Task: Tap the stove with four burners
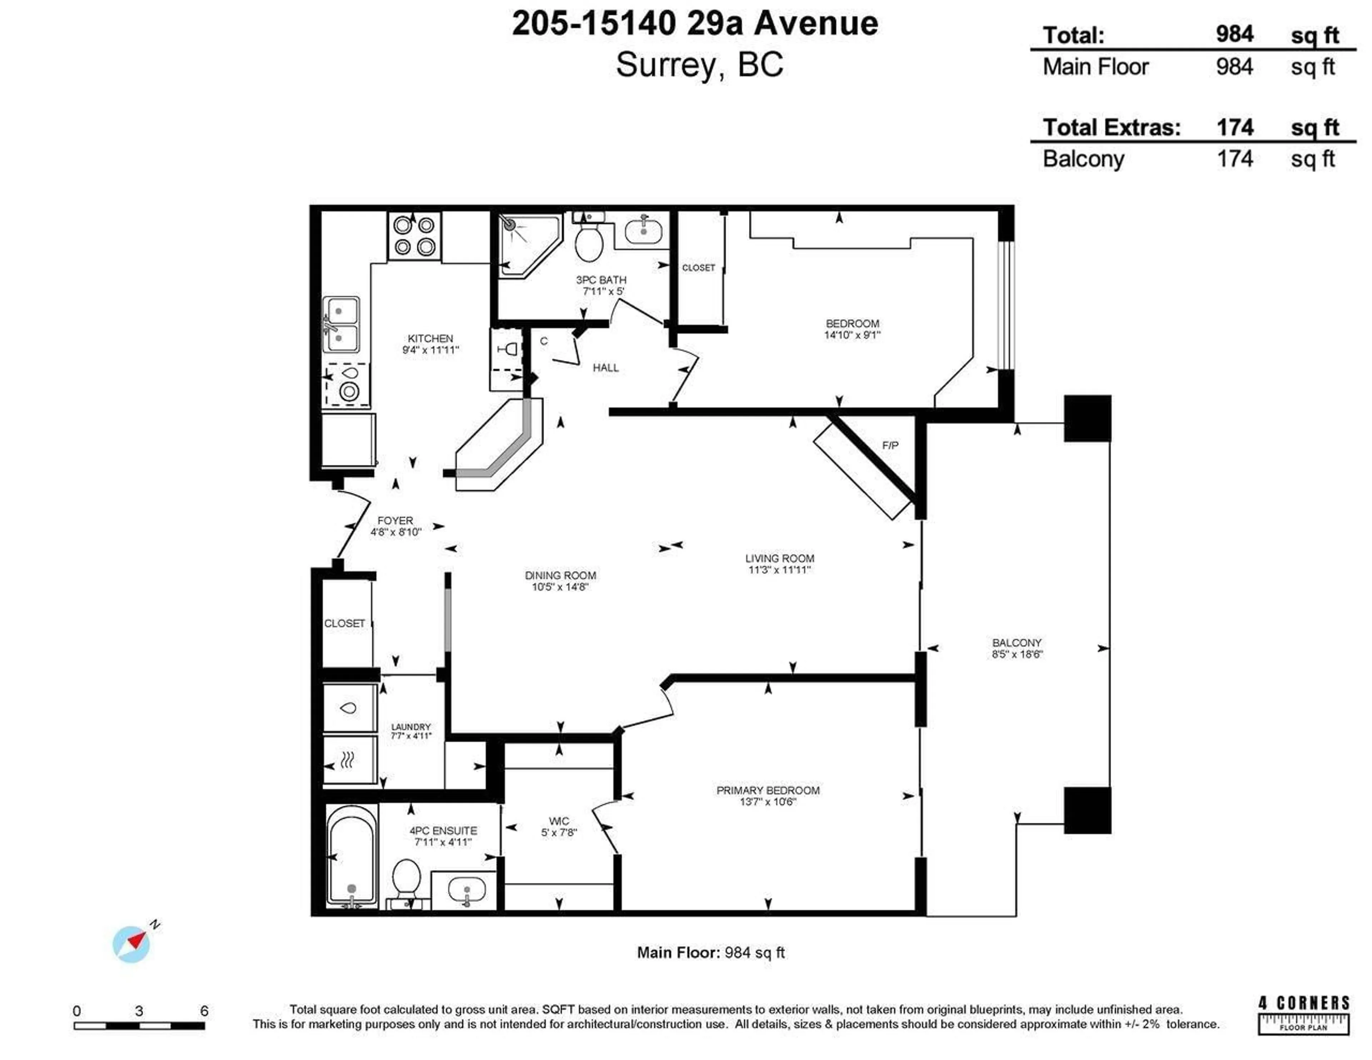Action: pyautogui.click(x=414, y=236)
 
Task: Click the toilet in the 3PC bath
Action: pyautogui.click(x=588, y=242)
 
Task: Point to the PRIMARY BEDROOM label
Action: pyautogui.click(x=768, y=790)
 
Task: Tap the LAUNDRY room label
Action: pyautogui.click(x=411, y=726)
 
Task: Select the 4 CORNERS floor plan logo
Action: pyautogui.click(x=1303, y=1014)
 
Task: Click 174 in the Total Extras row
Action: pyautogui.click(x=1234, y=128)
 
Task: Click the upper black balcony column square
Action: pyautogui.click(x=1087, y=418)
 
